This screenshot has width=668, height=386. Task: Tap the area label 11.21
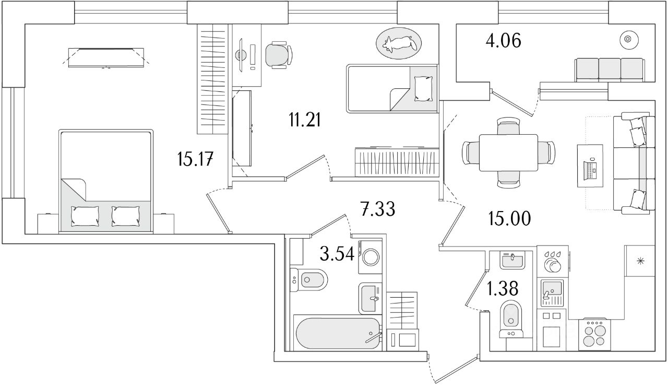pos(304,121)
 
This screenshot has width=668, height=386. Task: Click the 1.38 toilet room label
pos(503,288)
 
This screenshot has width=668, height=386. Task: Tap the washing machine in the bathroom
pos(371,256)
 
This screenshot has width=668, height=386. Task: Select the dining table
pos(508,152)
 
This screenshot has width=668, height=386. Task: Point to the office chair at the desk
pos(278,54)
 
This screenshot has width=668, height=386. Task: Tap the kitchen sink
pos(552,288)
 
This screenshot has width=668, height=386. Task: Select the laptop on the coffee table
pos(590,167)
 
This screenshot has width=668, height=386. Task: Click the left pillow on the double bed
pos(85,215)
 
